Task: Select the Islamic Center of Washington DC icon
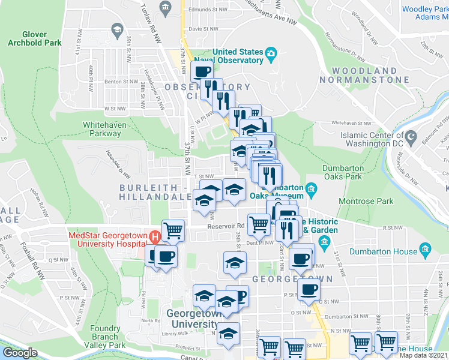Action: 411,139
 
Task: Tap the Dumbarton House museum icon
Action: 425,248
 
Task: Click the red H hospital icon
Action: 156,236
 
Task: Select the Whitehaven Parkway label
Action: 107,130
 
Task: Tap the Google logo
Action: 19,353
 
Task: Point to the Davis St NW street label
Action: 203,28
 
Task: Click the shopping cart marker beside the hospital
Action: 173,230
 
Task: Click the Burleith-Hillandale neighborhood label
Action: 153,192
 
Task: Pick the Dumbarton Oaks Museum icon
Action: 311,191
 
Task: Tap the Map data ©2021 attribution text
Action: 424,355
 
